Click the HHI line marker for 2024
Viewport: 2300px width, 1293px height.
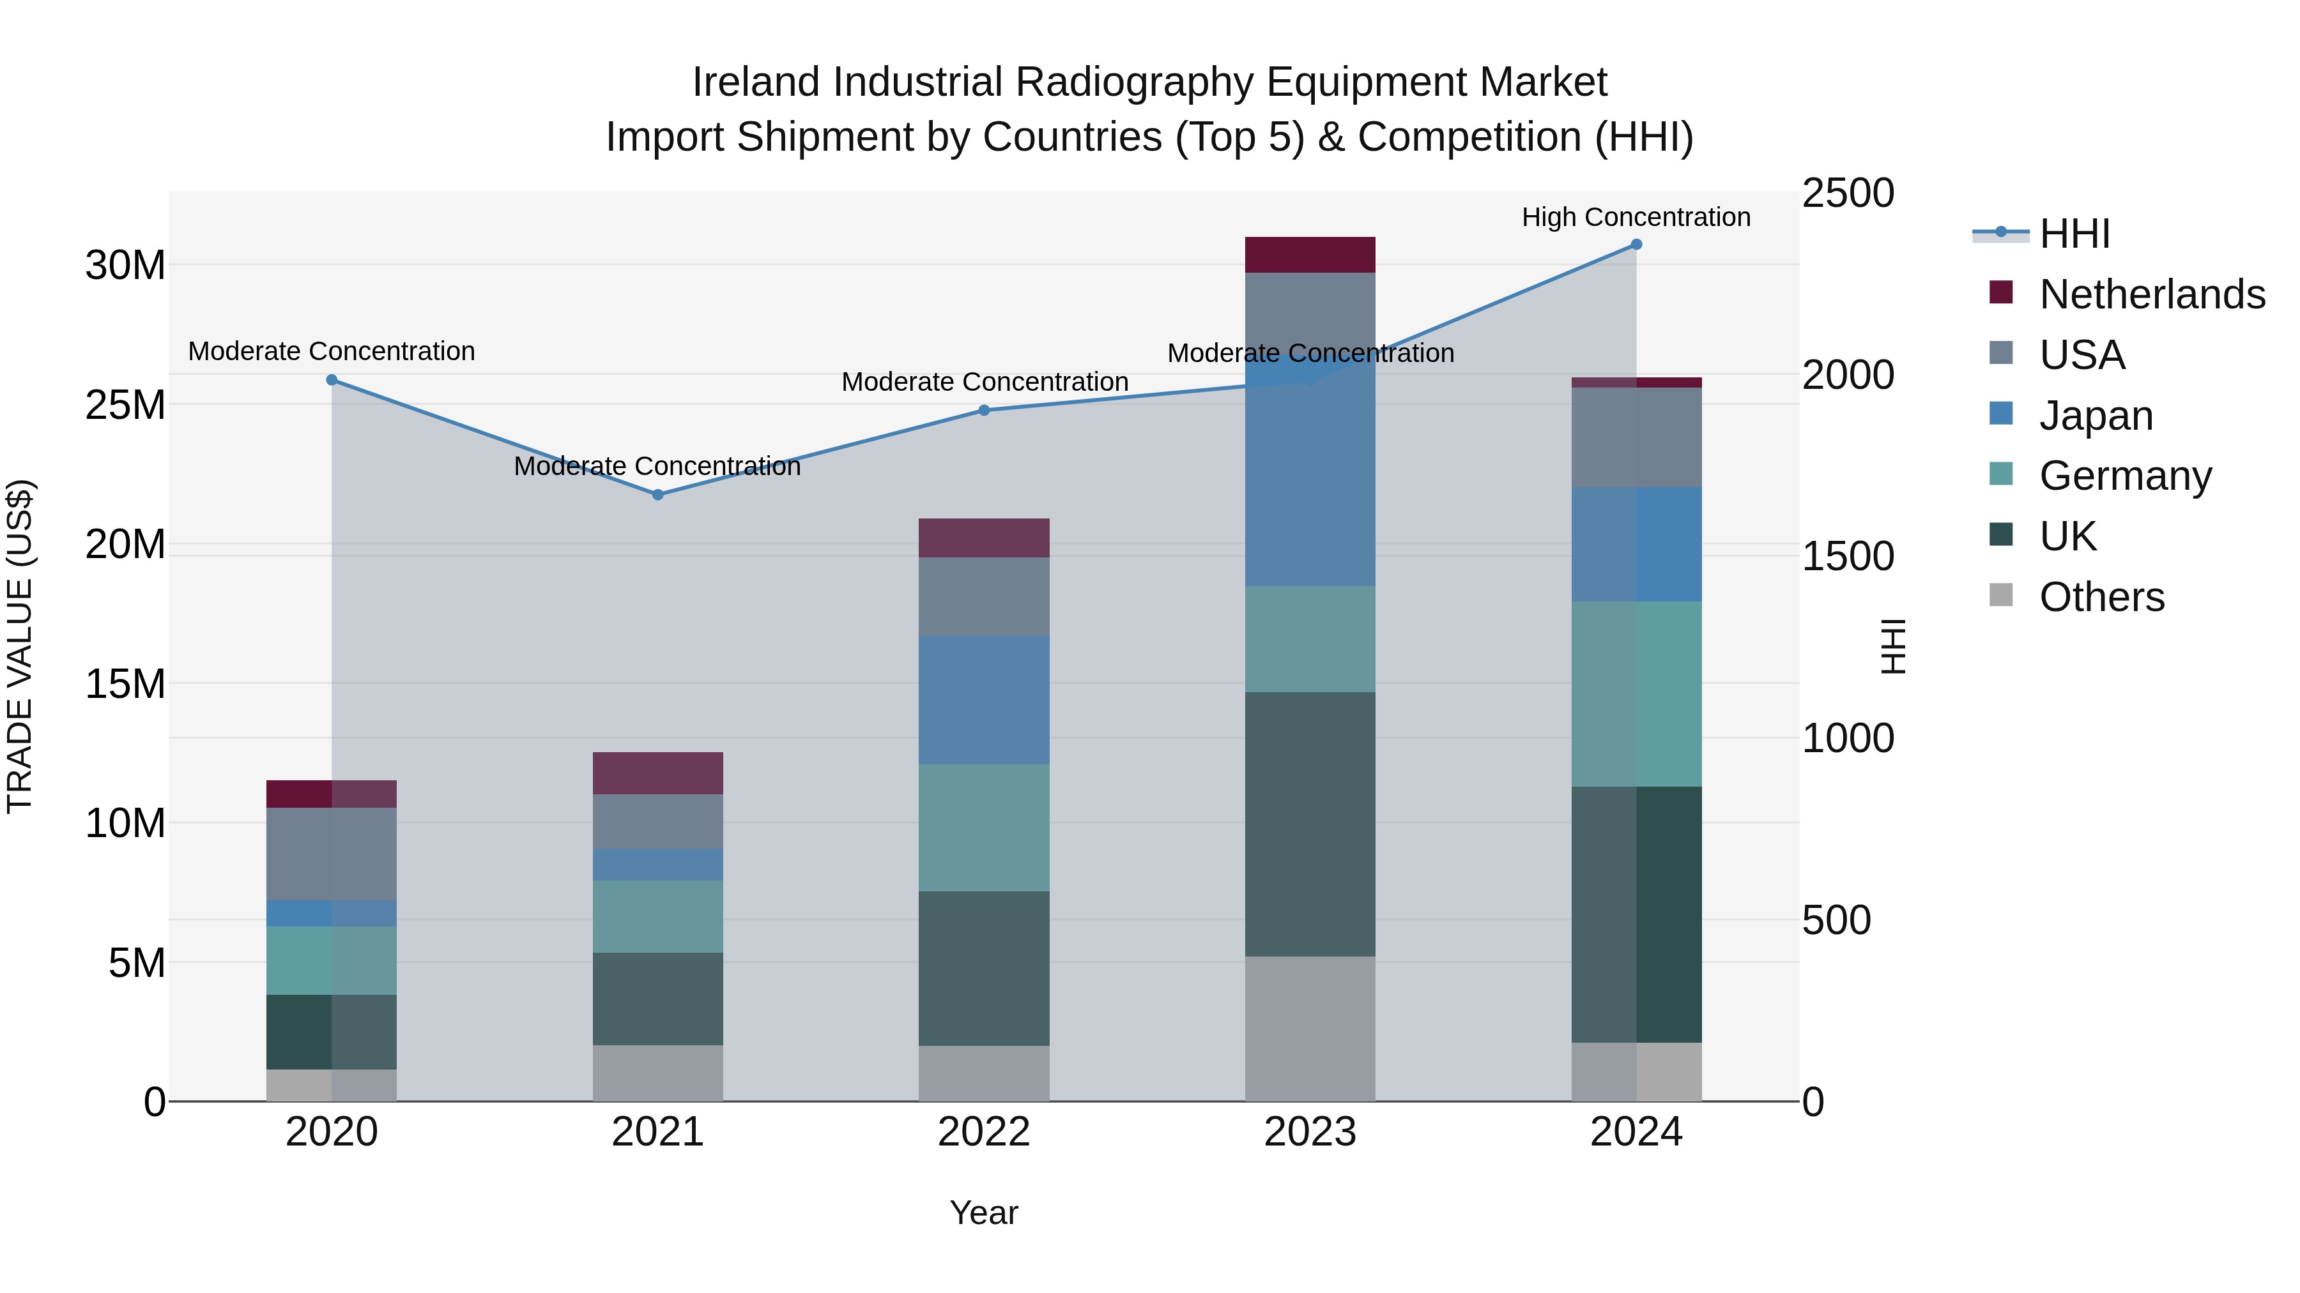pos(1636,245)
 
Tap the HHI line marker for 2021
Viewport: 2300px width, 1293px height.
pos(657,494)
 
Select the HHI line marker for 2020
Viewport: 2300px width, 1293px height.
pos(331,380)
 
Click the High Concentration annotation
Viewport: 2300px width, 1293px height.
pos(1636,217)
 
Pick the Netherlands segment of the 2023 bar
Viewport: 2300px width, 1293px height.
pos(1310,255)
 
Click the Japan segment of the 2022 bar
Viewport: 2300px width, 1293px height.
pos(984,700)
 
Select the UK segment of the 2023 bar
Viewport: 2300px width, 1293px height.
pos(1310,824)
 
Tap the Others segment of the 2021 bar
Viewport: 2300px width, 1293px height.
pos(657,1073)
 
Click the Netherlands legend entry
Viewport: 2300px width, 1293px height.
pos(2152,294)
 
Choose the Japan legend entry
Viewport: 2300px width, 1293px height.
pos(2096,416)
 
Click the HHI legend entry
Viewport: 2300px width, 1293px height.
pos(2074,234)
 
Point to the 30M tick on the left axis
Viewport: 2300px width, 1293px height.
pos(125,265)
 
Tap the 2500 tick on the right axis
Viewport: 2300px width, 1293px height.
pos(1847,193)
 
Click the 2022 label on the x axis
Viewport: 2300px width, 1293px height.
pos(984,1132)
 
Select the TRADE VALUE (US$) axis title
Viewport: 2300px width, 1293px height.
pos(20,646)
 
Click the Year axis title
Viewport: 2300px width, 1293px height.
pos(984,1213)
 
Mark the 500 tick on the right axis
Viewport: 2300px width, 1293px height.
pos(1836,920)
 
